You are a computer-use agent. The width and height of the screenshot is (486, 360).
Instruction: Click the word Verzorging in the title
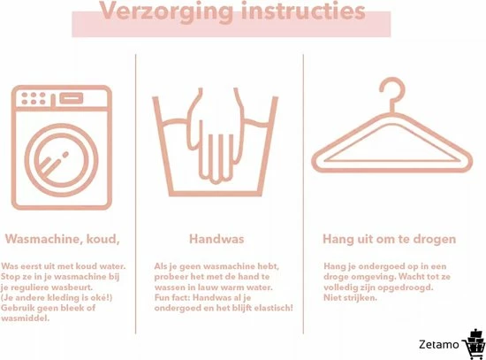click(x=166, y=11)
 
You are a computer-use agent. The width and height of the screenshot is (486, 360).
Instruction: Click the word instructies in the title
click(x=303, y=11)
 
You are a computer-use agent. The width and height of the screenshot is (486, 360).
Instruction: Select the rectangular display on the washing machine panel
click(x=72, y=98)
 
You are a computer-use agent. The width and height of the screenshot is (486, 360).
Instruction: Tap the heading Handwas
click(x=216, y=239)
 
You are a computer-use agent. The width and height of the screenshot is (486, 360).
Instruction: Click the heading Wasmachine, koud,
click(x=63, y=239)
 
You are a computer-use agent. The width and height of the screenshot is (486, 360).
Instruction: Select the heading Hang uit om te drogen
click(x=390, y=240)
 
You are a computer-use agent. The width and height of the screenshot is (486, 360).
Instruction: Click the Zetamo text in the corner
click(x=438, y=344)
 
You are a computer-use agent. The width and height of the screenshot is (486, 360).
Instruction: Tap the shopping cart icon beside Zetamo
click(x=475, y=344)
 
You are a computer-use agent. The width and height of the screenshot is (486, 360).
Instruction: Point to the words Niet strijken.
click(x=350, y=297)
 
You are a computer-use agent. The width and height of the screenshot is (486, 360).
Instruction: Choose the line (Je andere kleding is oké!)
click(x=57, y=297)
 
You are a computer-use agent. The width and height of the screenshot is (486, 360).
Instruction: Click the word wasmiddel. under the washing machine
click(x=26, y=318)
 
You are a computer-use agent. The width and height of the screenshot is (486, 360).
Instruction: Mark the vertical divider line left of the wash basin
click(x=135, y=194)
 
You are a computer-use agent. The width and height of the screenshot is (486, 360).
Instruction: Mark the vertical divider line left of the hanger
click(x=303, y=194)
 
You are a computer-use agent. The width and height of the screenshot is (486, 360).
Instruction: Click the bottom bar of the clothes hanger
click(x=392, y=170)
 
